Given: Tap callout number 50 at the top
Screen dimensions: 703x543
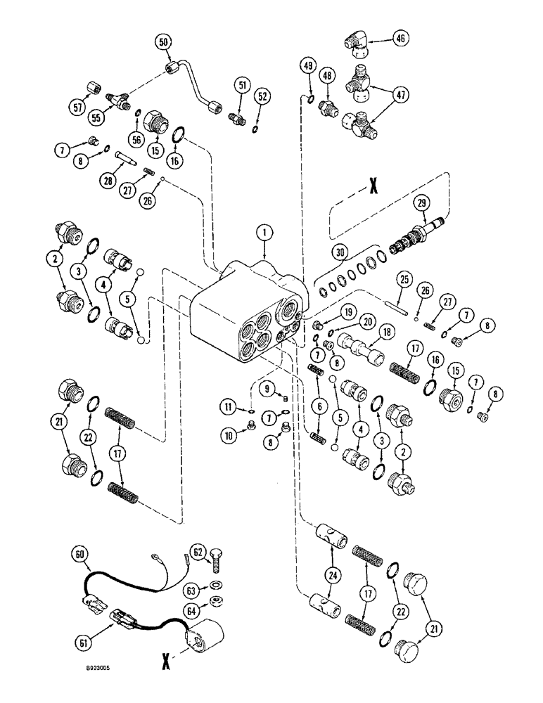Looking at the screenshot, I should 164,42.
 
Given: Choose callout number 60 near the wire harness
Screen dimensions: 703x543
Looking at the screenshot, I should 77,555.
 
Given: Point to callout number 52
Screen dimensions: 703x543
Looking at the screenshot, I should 262,95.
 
